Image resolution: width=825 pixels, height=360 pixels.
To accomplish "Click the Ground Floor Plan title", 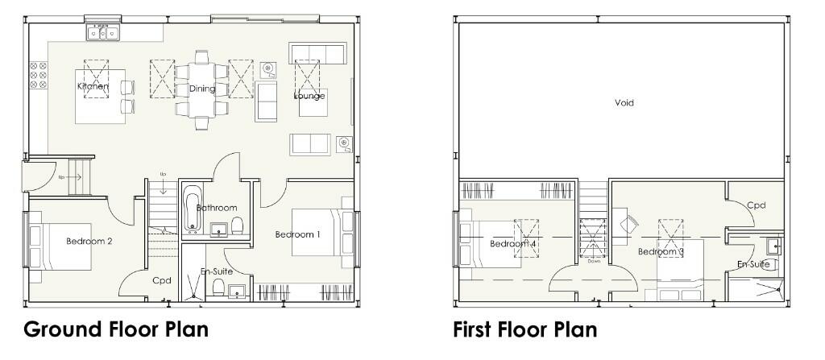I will point(116,329).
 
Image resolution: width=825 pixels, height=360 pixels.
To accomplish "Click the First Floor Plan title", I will point(525,329).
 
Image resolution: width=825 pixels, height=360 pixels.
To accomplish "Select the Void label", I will point(624,103).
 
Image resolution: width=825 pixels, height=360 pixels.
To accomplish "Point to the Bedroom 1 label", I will point(298,234).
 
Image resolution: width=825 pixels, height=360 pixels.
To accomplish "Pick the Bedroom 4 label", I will point(513,244).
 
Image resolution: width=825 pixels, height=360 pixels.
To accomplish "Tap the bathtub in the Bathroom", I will point(192,209).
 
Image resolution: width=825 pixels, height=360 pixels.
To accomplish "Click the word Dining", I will point(202,89).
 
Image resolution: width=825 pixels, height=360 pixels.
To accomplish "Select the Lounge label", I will point(309,96).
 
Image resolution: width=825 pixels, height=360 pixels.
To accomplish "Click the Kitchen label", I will point(93,86).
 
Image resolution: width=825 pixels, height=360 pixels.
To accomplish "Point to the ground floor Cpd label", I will point(162,280).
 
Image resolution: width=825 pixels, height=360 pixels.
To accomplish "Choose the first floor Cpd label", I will point(756,205).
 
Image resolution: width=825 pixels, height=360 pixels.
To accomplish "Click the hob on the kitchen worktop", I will point(37,75).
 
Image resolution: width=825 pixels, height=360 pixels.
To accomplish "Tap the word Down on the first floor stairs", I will point(594,261).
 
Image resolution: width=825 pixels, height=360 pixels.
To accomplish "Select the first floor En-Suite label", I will point(753,264).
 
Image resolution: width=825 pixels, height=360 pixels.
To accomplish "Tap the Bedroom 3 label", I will point(661,251).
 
